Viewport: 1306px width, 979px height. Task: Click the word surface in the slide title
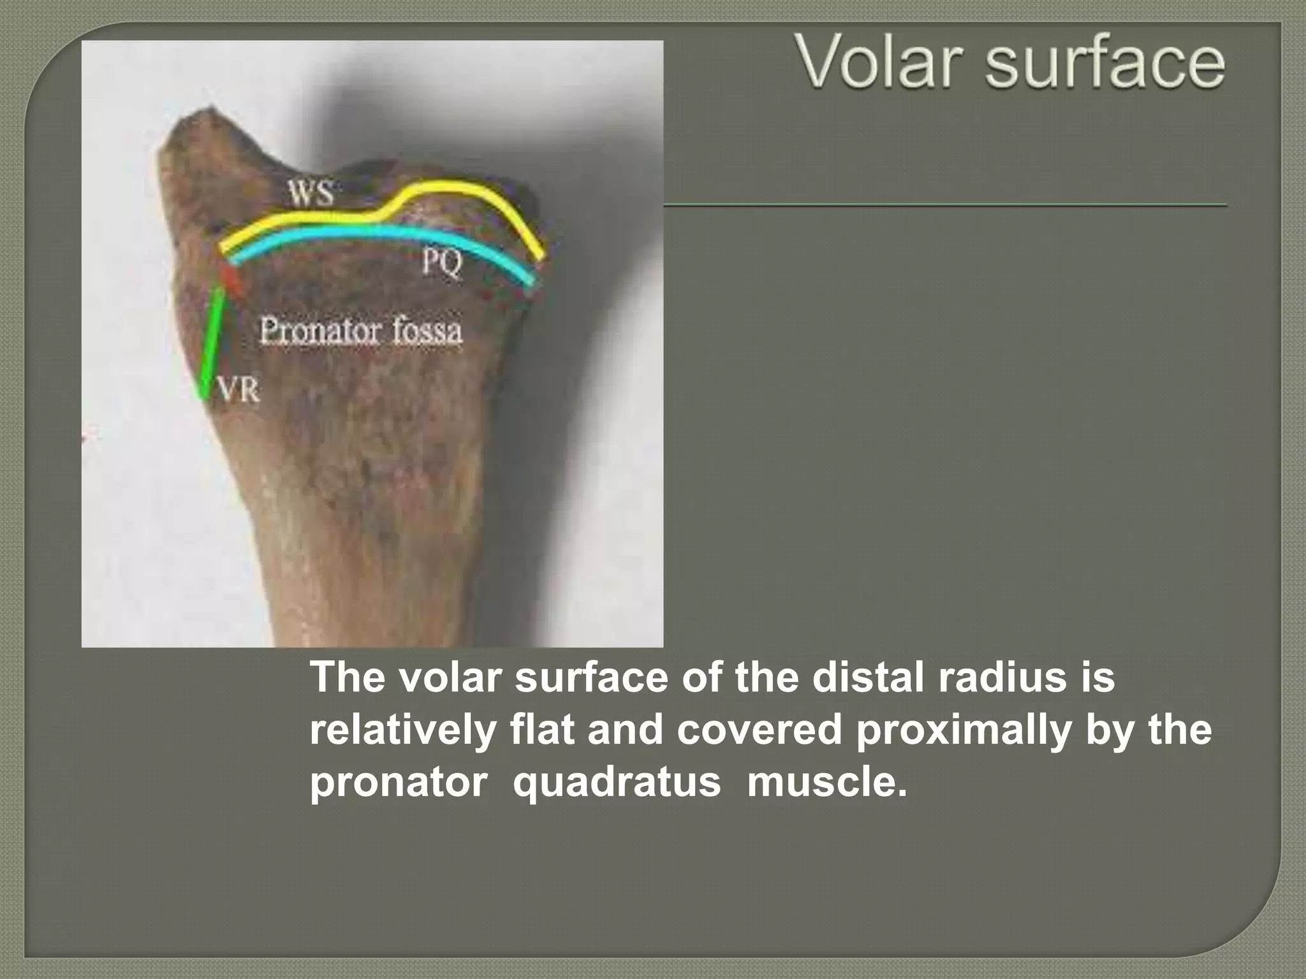pos(1104,62)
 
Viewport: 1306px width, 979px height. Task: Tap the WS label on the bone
pos(311,193)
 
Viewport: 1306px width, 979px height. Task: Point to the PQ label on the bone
pos(441,263)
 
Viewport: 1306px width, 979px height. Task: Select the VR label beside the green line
pos(240,390)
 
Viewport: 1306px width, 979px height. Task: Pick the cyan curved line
pos(383,233)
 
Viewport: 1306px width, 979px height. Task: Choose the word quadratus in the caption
pos(617,783)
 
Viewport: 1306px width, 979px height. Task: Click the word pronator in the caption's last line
pos(398,783)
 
